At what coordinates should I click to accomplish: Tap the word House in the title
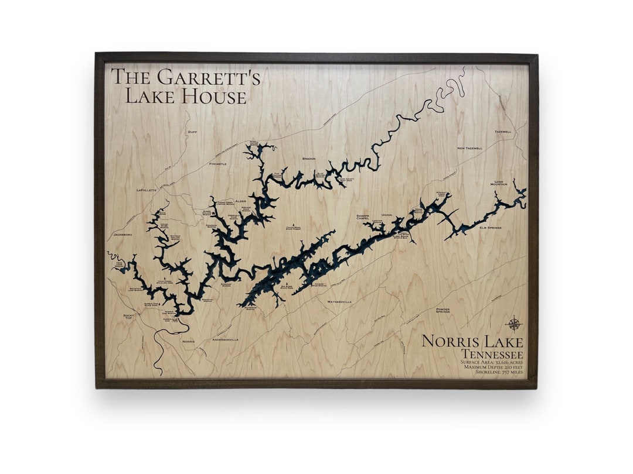213,96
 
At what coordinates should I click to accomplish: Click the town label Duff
192,132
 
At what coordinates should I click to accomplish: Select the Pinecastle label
217,164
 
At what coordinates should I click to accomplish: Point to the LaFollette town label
147,190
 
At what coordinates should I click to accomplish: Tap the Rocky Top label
129,317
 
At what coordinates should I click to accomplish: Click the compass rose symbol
514,324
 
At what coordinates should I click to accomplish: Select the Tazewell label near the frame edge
502,132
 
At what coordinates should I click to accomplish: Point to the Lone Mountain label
498,183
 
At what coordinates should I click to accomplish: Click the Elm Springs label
490,228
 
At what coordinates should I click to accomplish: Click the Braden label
309,159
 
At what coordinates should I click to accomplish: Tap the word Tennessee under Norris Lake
491,353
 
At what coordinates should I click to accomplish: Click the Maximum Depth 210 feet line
491,367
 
